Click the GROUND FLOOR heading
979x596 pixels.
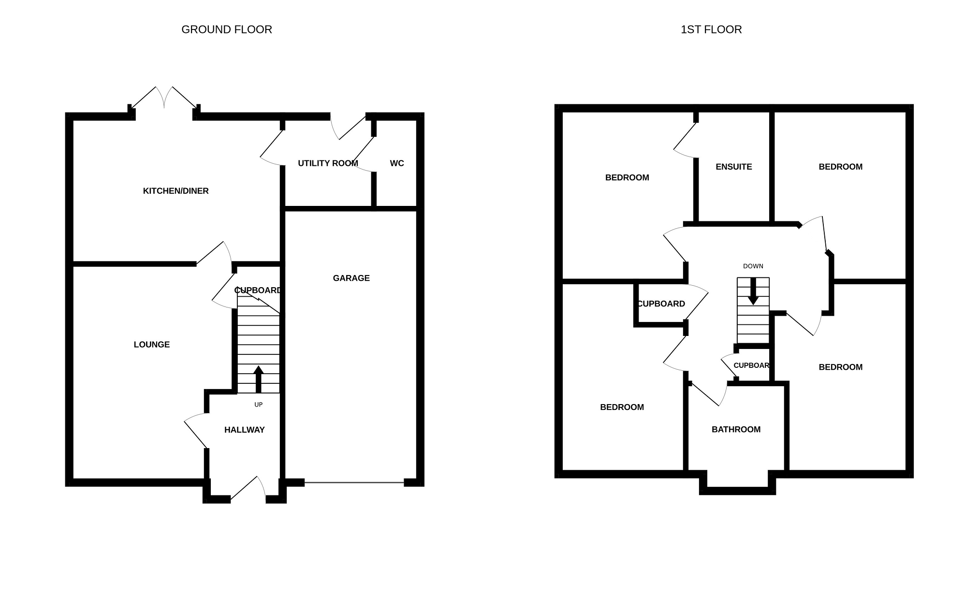pyautogui.click(x=226, y=29)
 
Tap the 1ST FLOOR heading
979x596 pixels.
pyautogui.click(x=711, y=29)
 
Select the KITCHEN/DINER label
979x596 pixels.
pyautogui.click(x=175, y=191)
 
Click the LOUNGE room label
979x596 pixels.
pyautogui.click(x=151, y=345)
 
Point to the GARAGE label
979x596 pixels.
pyautogui.click(x=351, y=278)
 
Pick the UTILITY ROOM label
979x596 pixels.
pyautogui.click(x=328, y=163)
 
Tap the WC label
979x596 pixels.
pyautogui.click(x=397, y=163)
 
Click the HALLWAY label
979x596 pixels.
pyautogui.click(x=244, y=430)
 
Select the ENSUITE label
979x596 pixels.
pyautogui.click(x=733, y=167)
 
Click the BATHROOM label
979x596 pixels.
pyautogui.click(x=736, y=429)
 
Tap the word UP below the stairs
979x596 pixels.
pyautogui.click(x=259, y=405)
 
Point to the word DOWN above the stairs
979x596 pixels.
pyautogui.click(x=753, y=266)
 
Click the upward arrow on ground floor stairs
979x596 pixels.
pyautogui.click(x=258, y=379)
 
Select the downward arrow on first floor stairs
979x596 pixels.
pyautogui.click(x=753, y=291)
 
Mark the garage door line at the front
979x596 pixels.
pyautogui.click(x=354, y=482)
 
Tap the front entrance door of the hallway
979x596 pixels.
pyautogui.click(x=248, y=488)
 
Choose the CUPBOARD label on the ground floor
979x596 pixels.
pyautogui.click(x=257, y=291)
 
